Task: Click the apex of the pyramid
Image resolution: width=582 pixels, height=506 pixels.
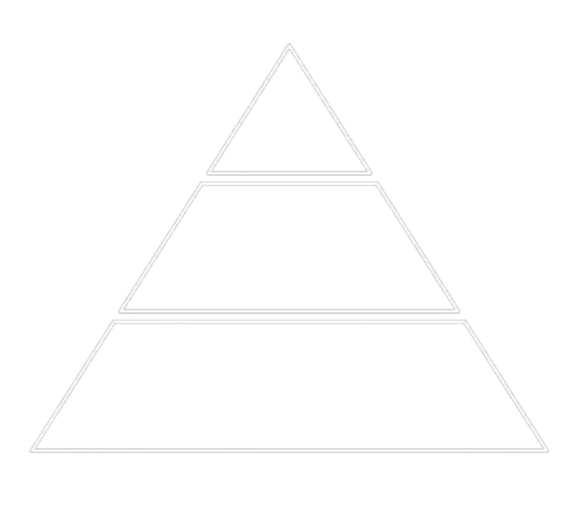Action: pyautogui.click(x=289, y=46)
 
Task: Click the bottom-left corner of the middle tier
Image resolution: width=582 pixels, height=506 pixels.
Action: pyautogui.click(x=121, y=310)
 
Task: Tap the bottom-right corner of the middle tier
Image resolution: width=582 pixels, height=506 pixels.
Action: pyautogui.click(x=458, y=310)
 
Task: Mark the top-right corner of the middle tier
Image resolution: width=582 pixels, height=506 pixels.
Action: pyautogui.click(x=378, y=184)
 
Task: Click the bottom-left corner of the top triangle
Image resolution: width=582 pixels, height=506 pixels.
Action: pyautogui.click(x=208, y=171)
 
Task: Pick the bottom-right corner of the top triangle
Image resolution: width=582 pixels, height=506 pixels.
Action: pyautogui.click(x=370, y=171)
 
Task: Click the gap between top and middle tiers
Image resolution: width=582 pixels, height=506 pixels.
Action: pyautogui.click(x=289, y=177)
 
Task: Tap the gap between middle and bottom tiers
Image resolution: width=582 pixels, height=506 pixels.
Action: pyautogui.click(x=289, y=317)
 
